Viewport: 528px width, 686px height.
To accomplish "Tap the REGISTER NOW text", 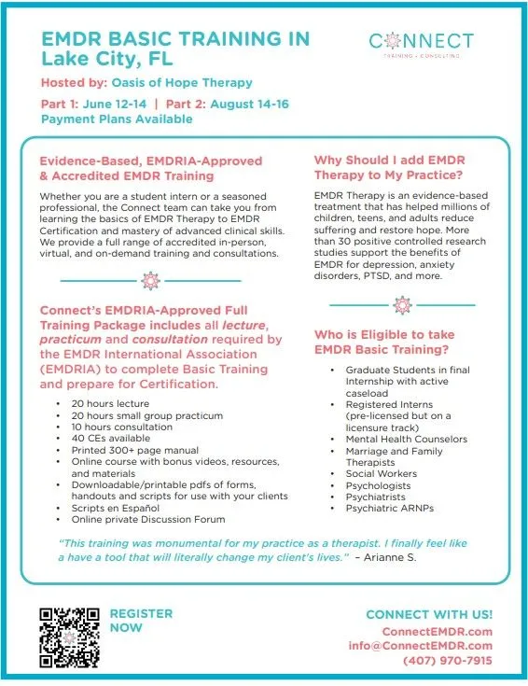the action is click(141, 621).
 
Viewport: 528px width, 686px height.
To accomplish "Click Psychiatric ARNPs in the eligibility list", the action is click(389, 509).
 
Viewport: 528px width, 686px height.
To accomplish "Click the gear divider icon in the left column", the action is click(150, 280).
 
